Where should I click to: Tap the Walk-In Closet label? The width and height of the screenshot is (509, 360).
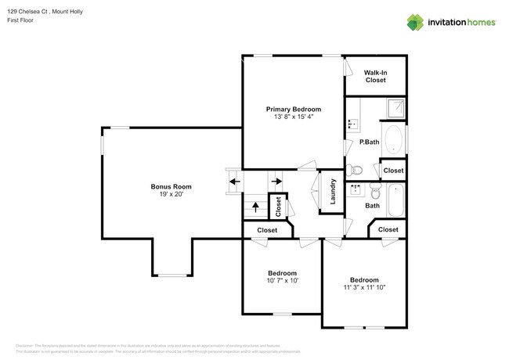point(375,76)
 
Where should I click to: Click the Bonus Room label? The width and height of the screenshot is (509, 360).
point(171,186)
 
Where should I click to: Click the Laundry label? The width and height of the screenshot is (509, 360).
point(333,193)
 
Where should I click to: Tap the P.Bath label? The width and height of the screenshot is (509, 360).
point(368,142)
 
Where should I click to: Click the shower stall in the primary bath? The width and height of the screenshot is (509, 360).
point(394,109)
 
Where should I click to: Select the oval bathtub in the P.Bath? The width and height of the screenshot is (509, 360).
point(394,141)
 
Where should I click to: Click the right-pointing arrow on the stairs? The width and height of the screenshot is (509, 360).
point(276,182)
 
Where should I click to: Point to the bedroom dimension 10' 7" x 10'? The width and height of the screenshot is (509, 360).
point(281,280)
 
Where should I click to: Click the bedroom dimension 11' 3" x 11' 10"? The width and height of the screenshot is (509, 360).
point(364,287)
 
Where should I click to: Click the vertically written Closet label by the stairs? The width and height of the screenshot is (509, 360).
point(278,207)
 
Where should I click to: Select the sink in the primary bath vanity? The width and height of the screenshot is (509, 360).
point(352,124)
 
